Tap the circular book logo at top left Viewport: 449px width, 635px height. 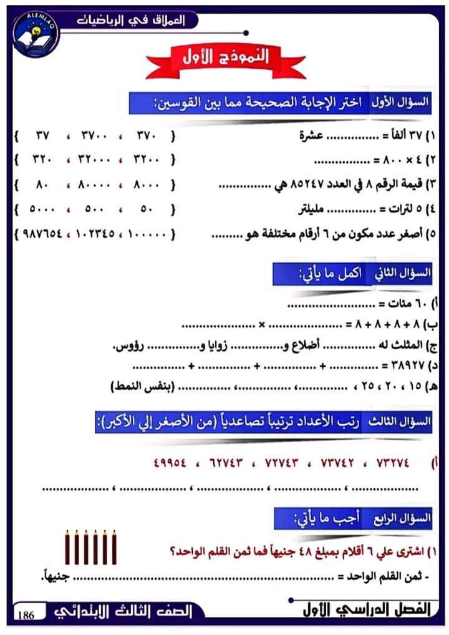[x=36, y=34]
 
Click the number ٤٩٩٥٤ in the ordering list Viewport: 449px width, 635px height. [x=171, y=463]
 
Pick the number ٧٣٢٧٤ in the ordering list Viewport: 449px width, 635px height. [x=393, y=463]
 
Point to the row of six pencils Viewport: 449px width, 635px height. [x=91, y=547]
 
